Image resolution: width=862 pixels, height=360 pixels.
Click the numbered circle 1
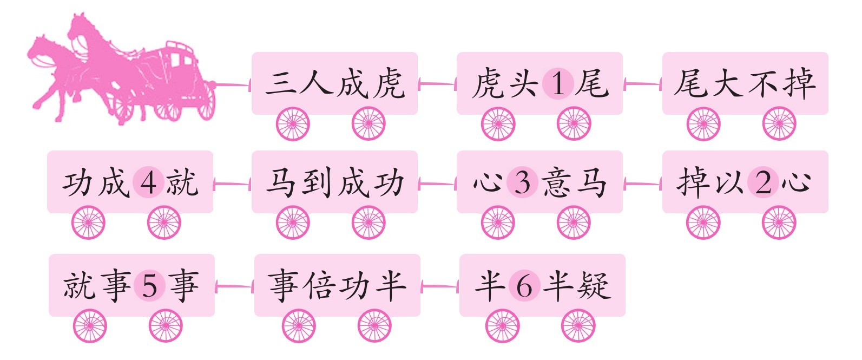click(x=558, y=84)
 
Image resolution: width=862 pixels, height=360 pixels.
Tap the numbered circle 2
click(x=763, y=182)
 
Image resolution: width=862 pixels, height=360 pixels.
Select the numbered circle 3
click(x=522, y=182)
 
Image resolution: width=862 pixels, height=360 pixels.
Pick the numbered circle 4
click(x=148, y=182)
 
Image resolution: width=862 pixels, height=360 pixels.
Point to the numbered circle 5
click(x=149, y=286)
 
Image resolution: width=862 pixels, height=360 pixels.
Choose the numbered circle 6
click(x=524, y=286)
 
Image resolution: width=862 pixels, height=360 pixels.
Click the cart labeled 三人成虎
click(x=334, y=83)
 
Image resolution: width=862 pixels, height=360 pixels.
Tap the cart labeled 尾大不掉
click(x=745, y=83)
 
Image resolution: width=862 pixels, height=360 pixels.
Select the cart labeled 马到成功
click(x=334, y=182)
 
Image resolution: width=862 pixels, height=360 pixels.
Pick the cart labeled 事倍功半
click(x=337, y=285)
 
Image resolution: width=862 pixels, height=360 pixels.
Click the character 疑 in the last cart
click(x=594, y=285)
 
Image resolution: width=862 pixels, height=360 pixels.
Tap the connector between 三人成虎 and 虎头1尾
click(x=437, y=84)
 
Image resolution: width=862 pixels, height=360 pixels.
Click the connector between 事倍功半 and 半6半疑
click(x=440, y=286)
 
